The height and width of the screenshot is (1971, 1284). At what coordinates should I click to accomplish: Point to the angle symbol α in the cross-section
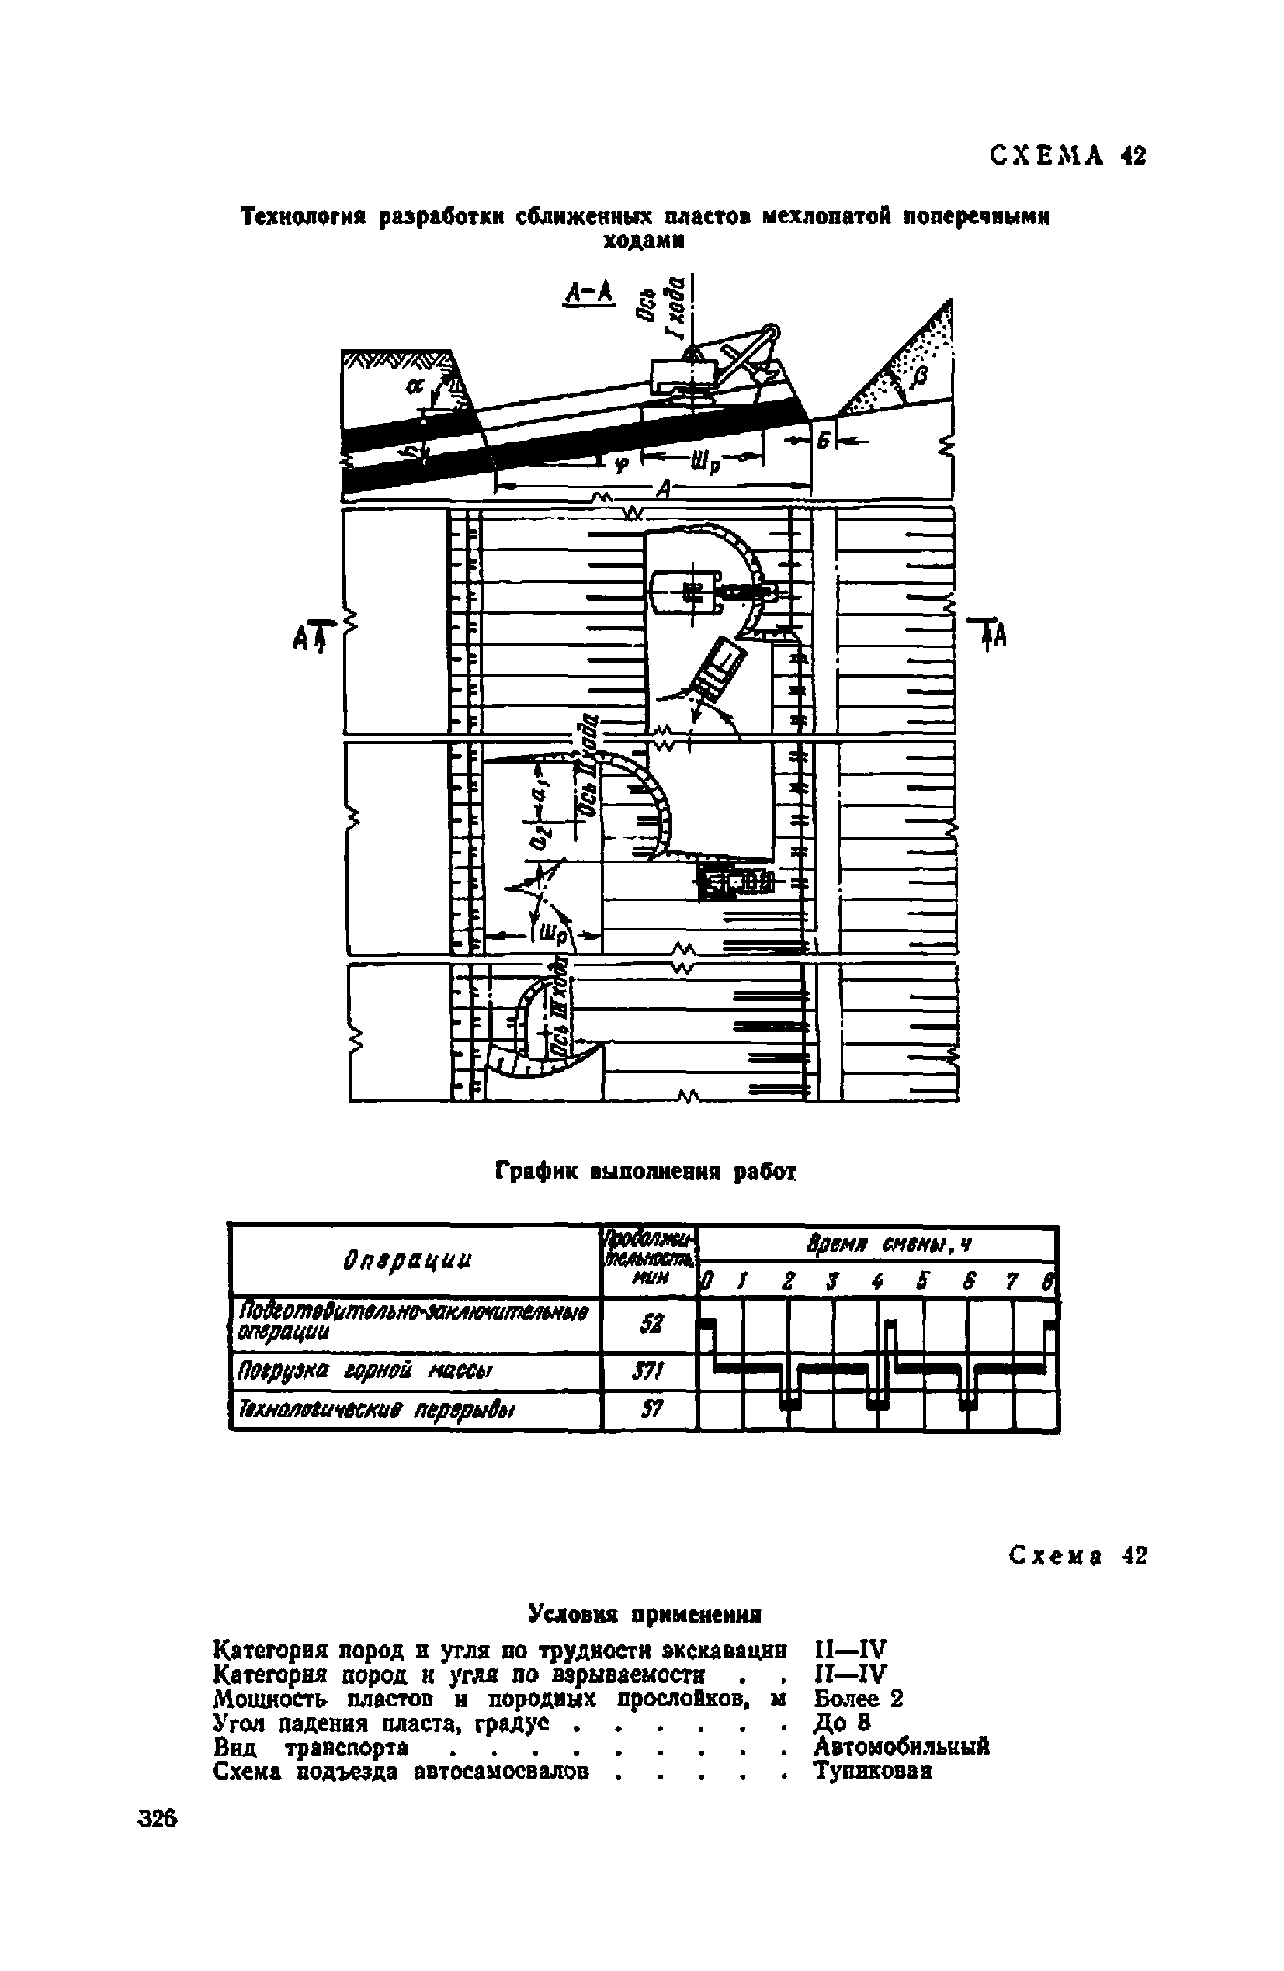pos(415,385)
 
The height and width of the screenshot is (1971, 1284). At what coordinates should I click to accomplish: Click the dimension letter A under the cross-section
pos(662,490)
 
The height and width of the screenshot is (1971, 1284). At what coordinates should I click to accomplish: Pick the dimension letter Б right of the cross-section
pos(824,442)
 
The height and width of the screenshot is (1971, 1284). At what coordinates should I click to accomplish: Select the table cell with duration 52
pos(649,1325)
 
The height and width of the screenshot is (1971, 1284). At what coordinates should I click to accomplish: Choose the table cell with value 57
pos(649,1409)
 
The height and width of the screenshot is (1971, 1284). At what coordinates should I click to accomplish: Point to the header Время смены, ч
pos(877,1245)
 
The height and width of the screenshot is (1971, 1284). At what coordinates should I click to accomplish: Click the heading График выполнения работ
pos(645,1171)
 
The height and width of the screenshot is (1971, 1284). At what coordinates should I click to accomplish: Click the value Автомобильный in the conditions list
pos(901,1747)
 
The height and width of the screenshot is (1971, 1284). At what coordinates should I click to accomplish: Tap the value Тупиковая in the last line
pos(873,1772)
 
